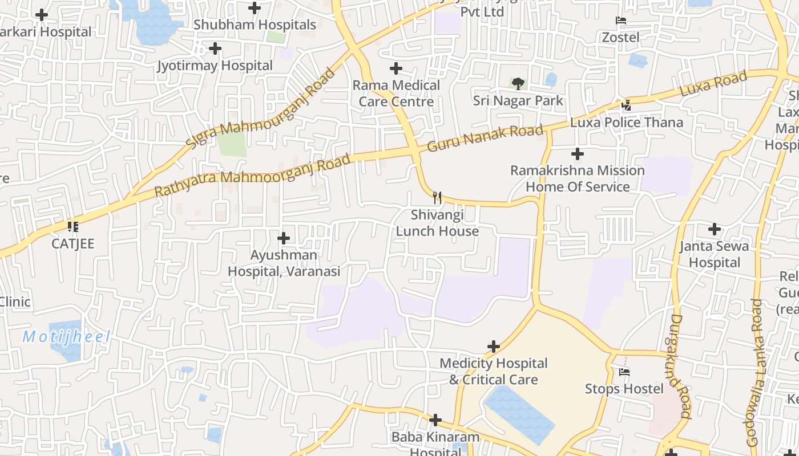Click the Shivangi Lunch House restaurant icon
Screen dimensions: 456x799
(437, 198)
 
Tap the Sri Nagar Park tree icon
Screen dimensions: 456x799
(518, 84)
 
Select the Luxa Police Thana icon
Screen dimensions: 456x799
(627, 105)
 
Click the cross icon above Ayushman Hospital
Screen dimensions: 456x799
(284, 238)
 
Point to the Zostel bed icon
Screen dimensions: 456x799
(621, 21)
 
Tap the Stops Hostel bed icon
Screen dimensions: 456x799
(624, 372)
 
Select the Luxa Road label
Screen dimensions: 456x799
(713, 84)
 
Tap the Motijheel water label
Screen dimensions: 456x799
(66, 337)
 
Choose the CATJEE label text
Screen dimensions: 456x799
(73, 243)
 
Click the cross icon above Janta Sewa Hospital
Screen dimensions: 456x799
(714, 229)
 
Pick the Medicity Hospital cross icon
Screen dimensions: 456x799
(494, 347)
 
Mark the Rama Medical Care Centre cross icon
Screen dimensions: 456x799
(396, 69)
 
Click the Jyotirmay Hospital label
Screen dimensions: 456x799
(215, 66)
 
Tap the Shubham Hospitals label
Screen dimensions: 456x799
(255, 25)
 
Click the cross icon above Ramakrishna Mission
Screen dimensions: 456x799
(578, 154)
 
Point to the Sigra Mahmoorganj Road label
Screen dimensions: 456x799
(260, 108)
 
